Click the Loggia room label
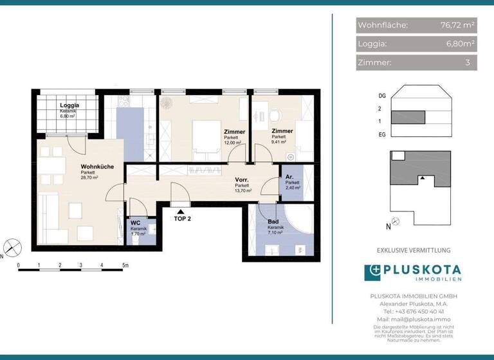pyautogui.click(x=69, y=105)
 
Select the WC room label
pyautogui.click(x=135, y=223)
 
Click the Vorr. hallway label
pyautogui.click(x=242, y=180)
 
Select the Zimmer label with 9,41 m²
pyautogui.click(x=282, y=131)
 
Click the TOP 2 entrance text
pyautogui.click(x=183, y=219)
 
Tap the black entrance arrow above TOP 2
pyautogui.click(x=182, y=209)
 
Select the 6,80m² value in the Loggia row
pyautogui.click(x=459, y=44)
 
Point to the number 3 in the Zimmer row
pyautogui.click(x=468, y=63)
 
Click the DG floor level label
pyautogui.click(x=382, y=96)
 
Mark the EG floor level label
pyautogui.click(x=382, y=134)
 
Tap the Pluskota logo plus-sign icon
pyautogui.click(x=373, y=273)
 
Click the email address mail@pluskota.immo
pyautogui.click(x=414, y=319)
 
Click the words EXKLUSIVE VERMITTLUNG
pyautogui.click(x=414, y=250)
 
